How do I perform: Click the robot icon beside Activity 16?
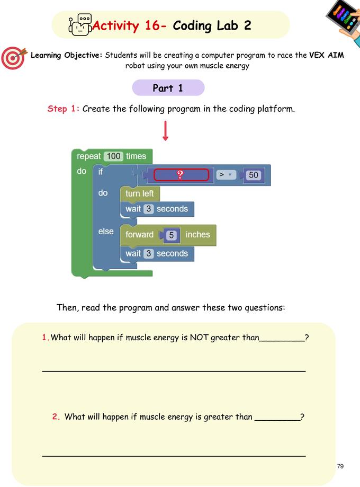80,24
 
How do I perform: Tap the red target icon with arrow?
14,58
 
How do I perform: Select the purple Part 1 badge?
168,88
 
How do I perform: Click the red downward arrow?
165,131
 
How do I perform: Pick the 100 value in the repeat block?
114,156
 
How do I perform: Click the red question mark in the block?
180,175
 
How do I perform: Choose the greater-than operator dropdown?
226,175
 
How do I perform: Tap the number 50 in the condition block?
253,175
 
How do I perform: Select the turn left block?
140,193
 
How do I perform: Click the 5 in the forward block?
172,235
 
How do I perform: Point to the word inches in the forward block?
197,235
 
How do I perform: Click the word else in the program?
106,232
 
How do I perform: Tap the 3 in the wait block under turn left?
149,209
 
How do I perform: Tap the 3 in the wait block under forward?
149,253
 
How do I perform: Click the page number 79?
340,466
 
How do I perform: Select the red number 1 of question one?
44,338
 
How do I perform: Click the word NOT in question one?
199,338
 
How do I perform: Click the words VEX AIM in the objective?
327,55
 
